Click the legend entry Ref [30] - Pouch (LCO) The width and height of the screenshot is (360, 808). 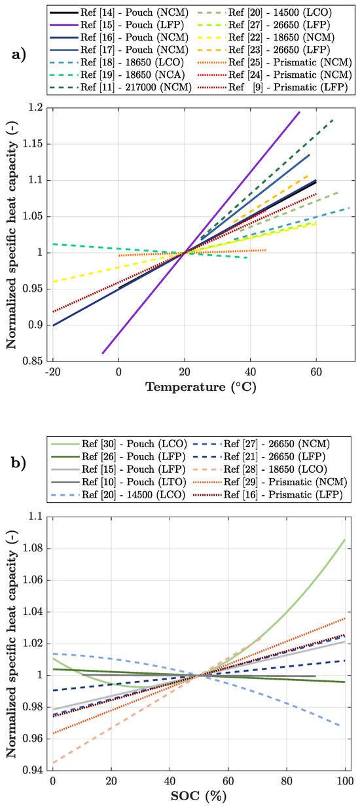(115, 446)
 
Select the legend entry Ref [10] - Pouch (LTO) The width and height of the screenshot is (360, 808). (115, 483)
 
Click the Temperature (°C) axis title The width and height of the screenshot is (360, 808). (201, 387)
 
